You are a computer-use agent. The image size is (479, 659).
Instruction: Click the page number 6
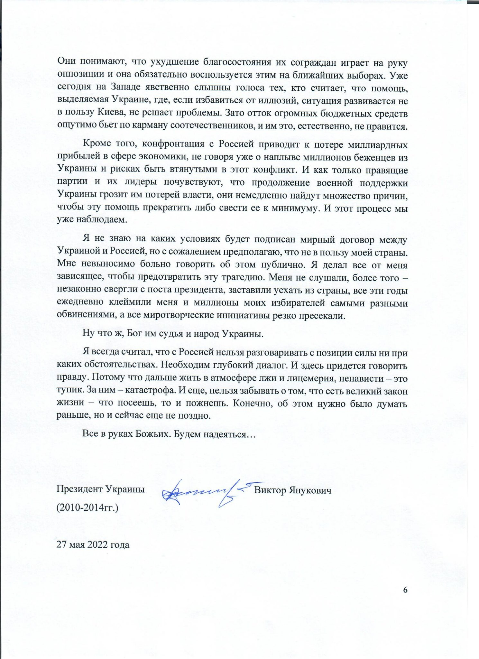(405, 590)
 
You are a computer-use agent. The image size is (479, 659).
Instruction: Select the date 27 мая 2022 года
(93, 545)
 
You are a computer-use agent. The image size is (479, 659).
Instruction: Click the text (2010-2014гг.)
(88, 508)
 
